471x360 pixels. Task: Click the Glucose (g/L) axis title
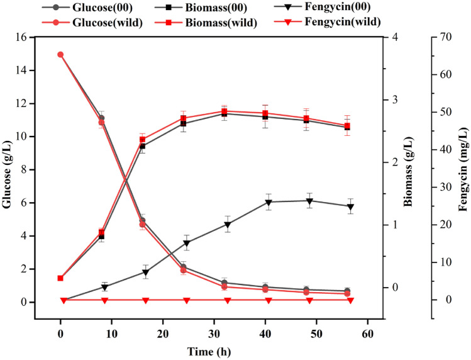coord(8,170)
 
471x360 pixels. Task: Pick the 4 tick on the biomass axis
coord(394,37)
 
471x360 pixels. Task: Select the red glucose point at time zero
coord(60,55)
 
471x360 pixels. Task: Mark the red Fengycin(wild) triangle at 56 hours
coord(350,300)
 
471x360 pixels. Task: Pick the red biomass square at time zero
coord(60,278)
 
